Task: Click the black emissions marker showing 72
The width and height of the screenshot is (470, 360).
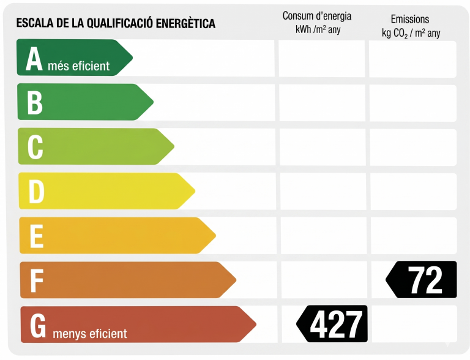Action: (422, 280)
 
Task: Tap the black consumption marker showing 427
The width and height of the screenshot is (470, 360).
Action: (333, 324)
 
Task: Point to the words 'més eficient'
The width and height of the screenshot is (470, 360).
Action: (78, 66)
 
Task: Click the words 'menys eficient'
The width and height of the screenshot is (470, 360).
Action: (90, 334)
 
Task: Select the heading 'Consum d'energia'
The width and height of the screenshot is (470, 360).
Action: (317, 17)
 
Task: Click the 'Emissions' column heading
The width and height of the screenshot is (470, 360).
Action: (410, 20)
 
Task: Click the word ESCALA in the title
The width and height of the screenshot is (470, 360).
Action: (33, 24)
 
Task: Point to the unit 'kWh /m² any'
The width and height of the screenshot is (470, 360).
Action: (318, 29)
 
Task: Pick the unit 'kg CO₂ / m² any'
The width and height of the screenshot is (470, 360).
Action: (411, 33)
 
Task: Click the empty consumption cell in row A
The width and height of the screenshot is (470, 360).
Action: (321, 59)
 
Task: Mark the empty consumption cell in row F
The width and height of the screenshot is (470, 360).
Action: (322, 280)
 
